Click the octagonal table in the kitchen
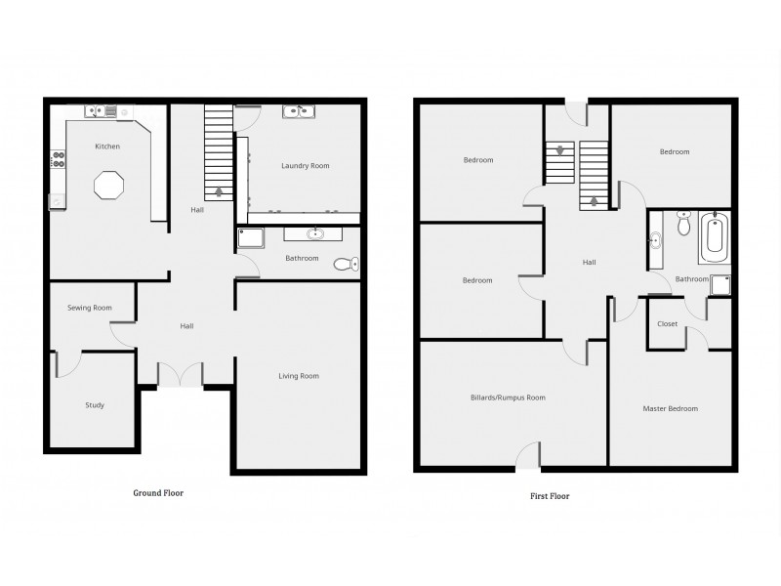click(x=107, y=185)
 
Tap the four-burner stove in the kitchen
click(x=58, y=159)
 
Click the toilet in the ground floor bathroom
click(x=346, y=263)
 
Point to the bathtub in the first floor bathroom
click(x=715, y=237)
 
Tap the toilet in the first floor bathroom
click(x=683, y=227)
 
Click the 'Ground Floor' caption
click(x=158, y=493)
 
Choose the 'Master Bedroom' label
click(x=670, y=408)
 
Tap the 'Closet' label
click(x=668, y=323)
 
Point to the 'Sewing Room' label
click(x=89, y=308)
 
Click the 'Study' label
click(x=95, y=404)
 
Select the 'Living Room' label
click(x=299, y=375)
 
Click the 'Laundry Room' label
click(x=305, y=166)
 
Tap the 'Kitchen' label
click(x=107, y=146)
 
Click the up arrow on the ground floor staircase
click(x=219, y=191)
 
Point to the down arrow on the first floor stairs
click(x=559, y=151)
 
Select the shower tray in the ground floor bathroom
click(x=250, y=237)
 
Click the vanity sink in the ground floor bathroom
click(x=314, y=233)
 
